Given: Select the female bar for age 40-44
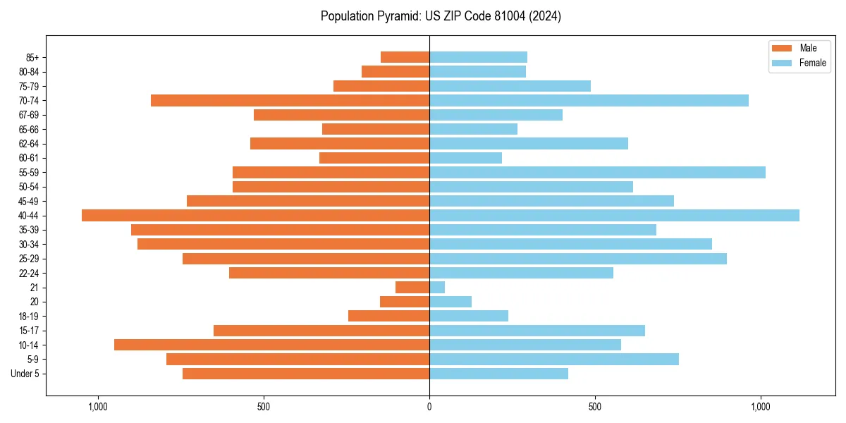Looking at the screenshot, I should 614,215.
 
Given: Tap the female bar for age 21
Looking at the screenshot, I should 437,287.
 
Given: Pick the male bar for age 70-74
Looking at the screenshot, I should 290,100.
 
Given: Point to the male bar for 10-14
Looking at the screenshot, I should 271,345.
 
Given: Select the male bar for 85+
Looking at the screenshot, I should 405,57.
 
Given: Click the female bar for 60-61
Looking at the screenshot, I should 465,158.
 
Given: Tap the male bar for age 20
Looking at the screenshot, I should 405,302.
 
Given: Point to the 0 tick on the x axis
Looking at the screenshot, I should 429,407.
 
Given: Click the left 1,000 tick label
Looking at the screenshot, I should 97,407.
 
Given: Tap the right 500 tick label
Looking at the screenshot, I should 595,407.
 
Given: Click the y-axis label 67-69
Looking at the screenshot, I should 29,115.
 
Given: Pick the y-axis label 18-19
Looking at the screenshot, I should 29,316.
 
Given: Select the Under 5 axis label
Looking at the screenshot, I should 25,374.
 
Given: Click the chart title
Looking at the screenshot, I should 441,16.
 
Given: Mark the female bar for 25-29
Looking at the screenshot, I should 577,259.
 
